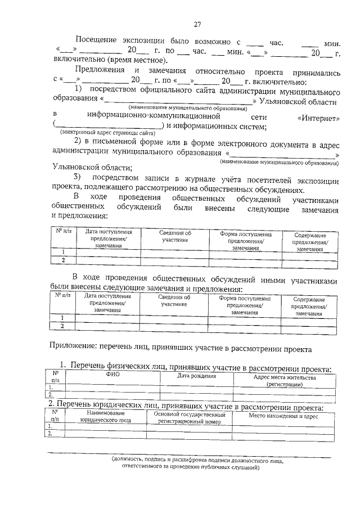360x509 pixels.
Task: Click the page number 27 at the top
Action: coord(197,24)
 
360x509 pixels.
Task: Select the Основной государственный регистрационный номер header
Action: coord(192,417)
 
